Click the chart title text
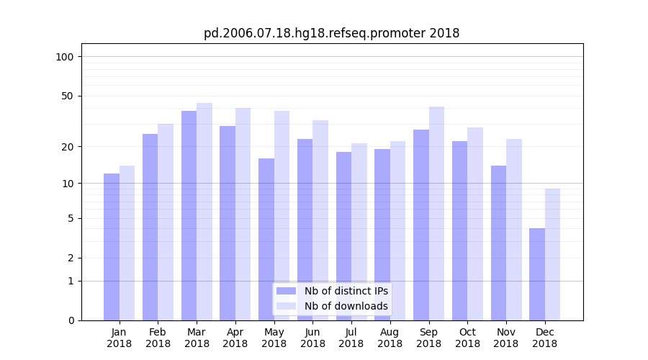331,33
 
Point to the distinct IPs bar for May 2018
266,239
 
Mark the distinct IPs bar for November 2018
498,243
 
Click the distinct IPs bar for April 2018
228,222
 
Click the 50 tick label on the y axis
68,96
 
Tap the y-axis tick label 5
71,218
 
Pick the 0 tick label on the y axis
71,320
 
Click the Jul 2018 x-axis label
351,338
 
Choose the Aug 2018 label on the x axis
390,338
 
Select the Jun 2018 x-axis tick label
312,338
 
